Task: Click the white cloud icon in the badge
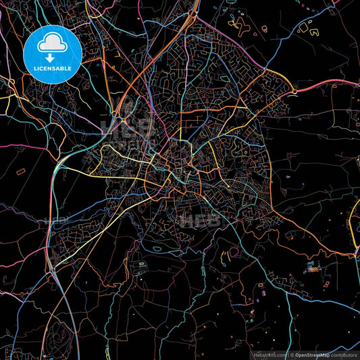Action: pyautogui.click(x=53, y=43)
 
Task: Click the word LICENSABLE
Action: pyautogui.click(x=53, y=68)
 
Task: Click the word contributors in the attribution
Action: pyautogui.click(x=344, y=353)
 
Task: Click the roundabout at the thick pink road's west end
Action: pyautogui.click(x=294, y=91)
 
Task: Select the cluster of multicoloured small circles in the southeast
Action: pyautogui.click(x=313, y=267)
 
